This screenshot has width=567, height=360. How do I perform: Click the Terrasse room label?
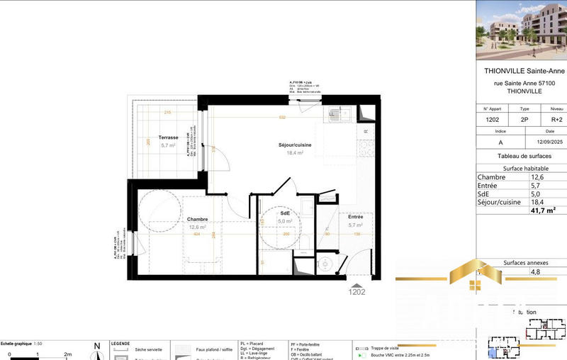coord(168,137)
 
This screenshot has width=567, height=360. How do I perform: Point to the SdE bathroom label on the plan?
coord(285,213)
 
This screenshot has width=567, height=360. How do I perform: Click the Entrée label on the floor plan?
coord(355,217)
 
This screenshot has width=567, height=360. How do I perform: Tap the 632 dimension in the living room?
coord(282,118)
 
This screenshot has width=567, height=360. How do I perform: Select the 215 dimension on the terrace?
coord(168,113)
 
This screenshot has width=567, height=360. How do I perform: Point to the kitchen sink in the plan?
coord(334,114)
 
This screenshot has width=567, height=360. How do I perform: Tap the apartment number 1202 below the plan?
coord(357,291)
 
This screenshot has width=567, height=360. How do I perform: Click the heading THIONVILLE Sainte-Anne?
coord(520,72)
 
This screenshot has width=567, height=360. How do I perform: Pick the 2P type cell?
coord(524,120)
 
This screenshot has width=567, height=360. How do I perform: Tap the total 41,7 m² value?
coord(542,210)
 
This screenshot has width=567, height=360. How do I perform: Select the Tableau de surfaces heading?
coord(521,155)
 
